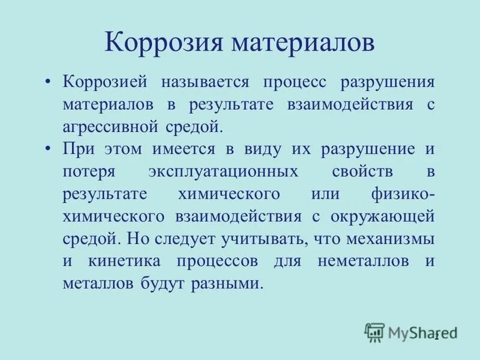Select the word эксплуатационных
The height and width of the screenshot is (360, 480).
(x=223, y=172)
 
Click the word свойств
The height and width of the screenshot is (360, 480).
(x=362, y=172)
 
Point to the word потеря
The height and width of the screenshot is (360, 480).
(x=88, y=172)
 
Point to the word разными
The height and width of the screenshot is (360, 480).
(x=230, y=283)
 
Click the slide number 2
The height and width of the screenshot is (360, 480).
(x=437, y=336)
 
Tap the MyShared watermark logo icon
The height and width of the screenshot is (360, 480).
(x=374, y=332)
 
